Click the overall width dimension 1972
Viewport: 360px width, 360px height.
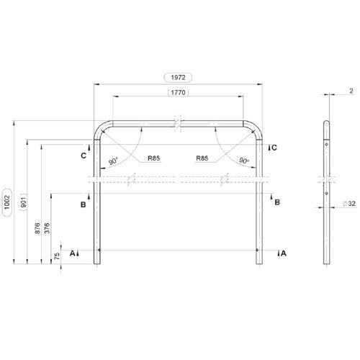coord(178,78)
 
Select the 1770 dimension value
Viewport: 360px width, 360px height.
coord(178,92)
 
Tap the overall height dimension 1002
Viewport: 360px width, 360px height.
coord(7,202)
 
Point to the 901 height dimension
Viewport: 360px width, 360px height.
coord(23,202)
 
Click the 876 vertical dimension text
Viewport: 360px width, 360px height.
coord(37,228)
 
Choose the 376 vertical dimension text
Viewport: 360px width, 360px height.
coord(48,228)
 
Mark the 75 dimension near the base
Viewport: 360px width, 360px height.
coord(57,256)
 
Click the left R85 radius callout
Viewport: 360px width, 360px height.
coord(154,158)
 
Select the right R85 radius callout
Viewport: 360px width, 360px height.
coord(202,158)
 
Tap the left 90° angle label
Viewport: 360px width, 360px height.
coord(113,161)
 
